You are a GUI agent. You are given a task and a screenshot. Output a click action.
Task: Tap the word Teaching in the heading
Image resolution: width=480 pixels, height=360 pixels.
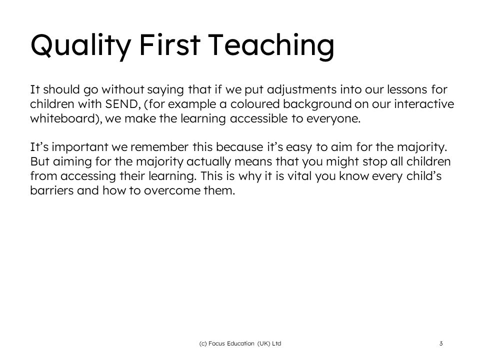pyautogui.click(x=271, y=46)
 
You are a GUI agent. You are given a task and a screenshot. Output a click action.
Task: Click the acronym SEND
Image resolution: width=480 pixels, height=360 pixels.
pyautogui.click(x=121, y=104)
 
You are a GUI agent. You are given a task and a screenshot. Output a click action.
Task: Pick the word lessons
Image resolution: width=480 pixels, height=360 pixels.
pyautogui.click(x=407, y=89)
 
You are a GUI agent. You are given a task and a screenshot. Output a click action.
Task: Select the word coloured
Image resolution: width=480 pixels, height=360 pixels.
pyautogui.click(x=255, y=104)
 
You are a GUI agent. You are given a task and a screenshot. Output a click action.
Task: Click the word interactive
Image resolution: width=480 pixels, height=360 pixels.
pyautogui.click(x=424, y=104)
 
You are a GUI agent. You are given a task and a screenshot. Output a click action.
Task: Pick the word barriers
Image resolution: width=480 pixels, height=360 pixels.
pyautogui.click(x=51, y=190)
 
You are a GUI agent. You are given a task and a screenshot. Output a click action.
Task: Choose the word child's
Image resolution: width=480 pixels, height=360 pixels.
pyautogui.click(x=424, y=176)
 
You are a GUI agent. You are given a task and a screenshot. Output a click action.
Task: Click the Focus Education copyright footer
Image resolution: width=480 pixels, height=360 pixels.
pyautogui.click(x=240, y=343)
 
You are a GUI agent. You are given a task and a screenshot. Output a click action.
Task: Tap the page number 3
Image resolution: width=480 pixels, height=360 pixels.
pyautogui.click(x=441, y=343)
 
